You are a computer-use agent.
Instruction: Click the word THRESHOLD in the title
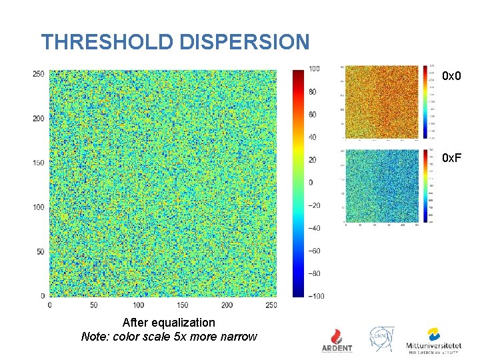pos(108,43)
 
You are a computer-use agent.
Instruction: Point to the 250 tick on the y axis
pos(39,73)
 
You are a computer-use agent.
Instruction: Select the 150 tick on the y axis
pos(39,163)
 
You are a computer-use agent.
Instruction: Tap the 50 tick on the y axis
pos(40,251)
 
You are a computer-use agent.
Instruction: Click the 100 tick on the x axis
pos(139,305)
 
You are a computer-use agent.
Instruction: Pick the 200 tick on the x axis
pos(227,305)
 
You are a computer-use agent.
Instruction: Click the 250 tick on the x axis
pos(270,305)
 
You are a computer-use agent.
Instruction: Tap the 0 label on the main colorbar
pos(311,183)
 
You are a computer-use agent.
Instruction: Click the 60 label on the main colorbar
pos(313,115)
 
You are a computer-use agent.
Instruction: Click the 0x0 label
pos(452,77)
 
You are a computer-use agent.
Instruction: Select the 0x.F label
pos(453,158)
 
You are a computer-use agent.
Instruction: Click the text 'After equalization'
pos(169,323)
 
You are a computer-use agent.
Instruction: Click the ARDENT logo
pos(337,339)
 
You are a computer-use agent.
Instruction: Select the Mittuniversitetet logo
pos(433,339)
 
